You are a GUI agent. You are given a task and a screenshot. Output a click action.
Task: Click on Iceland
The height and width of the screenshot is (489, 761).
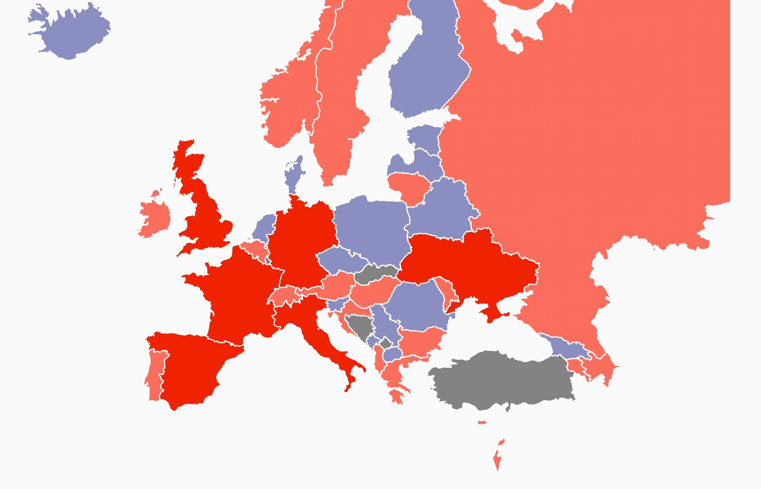[x=70, y=31]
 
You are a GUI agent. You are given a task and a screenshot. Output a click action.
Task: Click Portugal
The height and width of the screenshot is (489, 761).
[x=155, y=374]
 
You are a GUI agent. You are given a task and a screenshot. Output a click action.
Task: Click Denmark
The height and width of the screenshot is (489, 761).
[x=293, y=176]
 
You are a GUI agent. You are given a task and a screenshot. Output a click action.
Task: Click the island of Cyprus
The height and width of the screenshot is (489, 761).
[x=482, y=423]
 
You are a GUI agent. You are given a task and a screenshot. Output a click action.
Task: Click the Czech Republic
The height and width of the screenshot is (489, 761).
[x=343, y=261]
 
